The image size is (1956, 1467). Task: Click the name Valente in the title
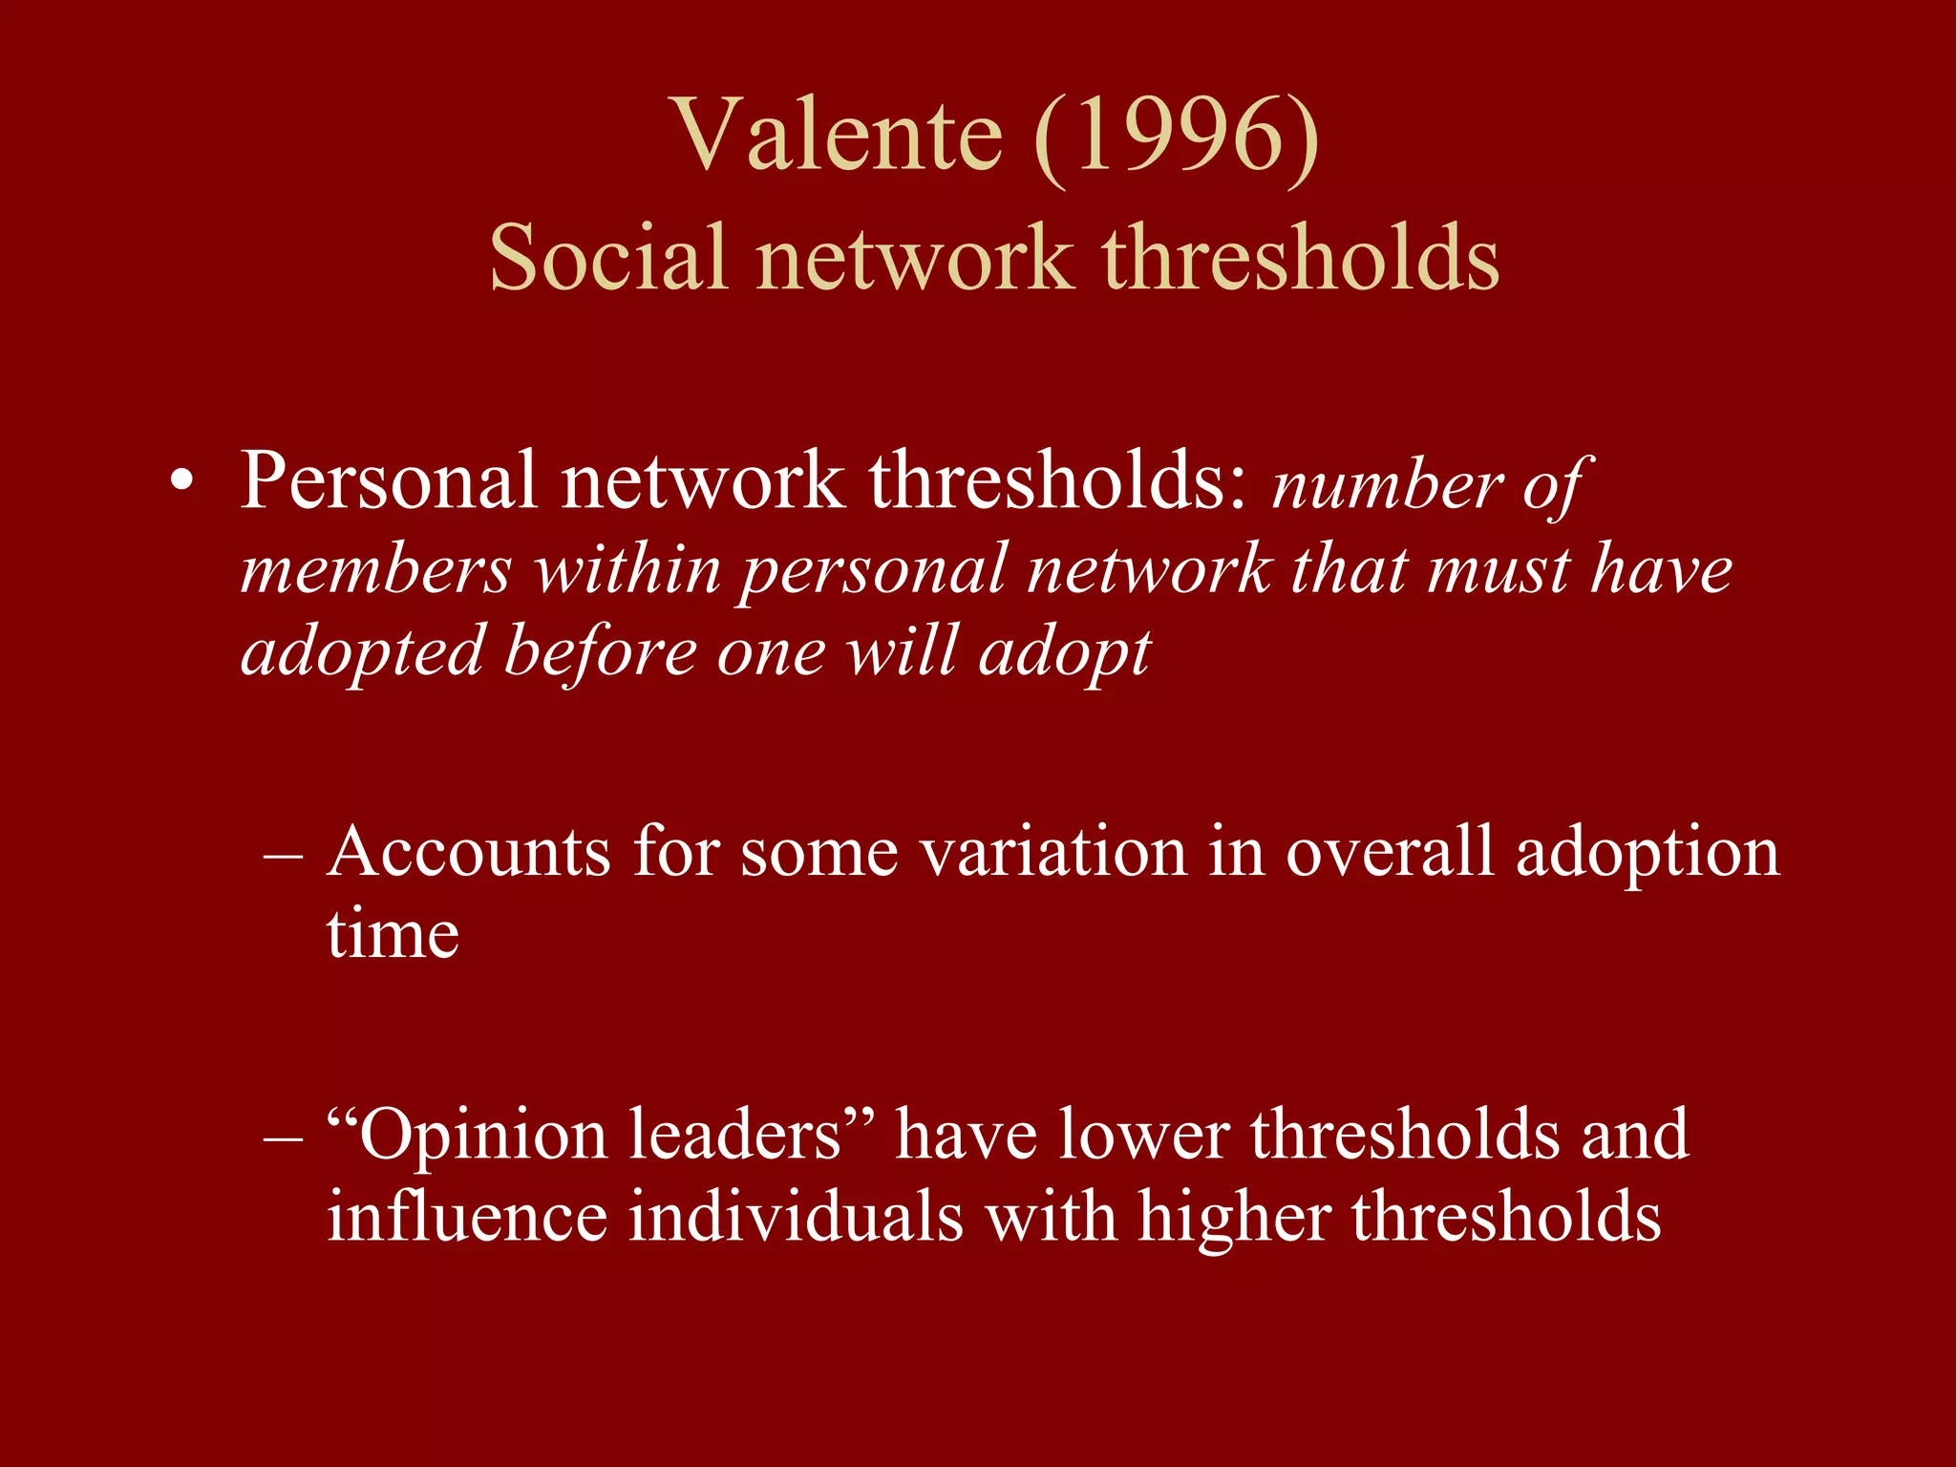coord(839,137)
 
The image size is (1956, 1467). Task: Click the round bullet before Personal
coord(181,483)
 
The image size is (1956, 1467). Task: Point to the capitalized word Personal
coord(388,480)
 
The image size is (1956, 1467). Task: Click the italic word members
coord(375,570)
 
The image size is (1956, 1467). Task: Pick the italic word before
coord(601,652)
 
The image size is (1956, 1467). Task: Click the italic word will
coord(902,652)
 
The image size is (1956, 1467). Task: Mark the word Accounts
coord(468,851)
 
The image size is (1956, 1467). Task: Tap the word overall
coord(1389,851)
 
